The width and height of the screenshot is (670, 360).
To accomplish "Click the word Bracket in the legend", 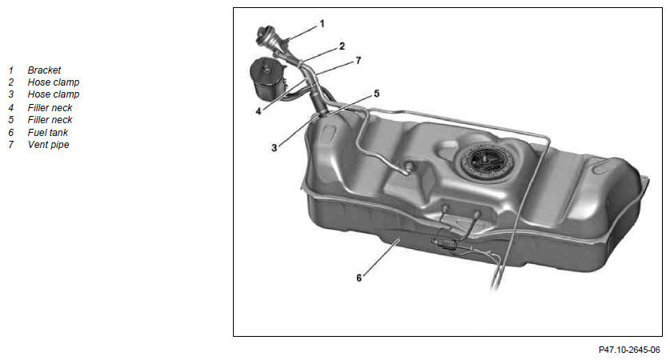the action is point(44,70).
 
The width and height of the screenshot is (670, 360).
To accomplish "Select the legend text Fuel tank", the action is point(48,133).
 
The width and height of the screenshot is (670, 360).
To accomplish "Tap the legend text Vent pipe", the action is point(48,145).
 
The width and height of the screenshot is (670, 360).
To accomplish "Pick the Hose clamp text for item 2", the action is point(54,82).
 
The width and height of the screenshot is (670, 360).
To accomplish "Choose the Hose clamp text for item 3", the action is point(54,94).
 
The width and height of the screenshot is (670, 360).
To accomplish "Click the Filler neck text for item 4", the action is point(50,108).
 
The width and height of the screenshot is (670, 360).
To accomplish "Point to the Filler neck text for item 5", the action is point(50,119).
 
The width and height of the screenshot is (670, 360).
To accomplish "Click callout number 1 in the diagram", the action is point(322,23).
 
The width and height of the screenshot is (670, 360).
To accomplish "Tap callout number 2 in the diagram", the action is point(342,46).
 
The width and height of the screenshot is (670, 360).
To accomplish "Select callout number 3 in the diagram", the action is point(274,148).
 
